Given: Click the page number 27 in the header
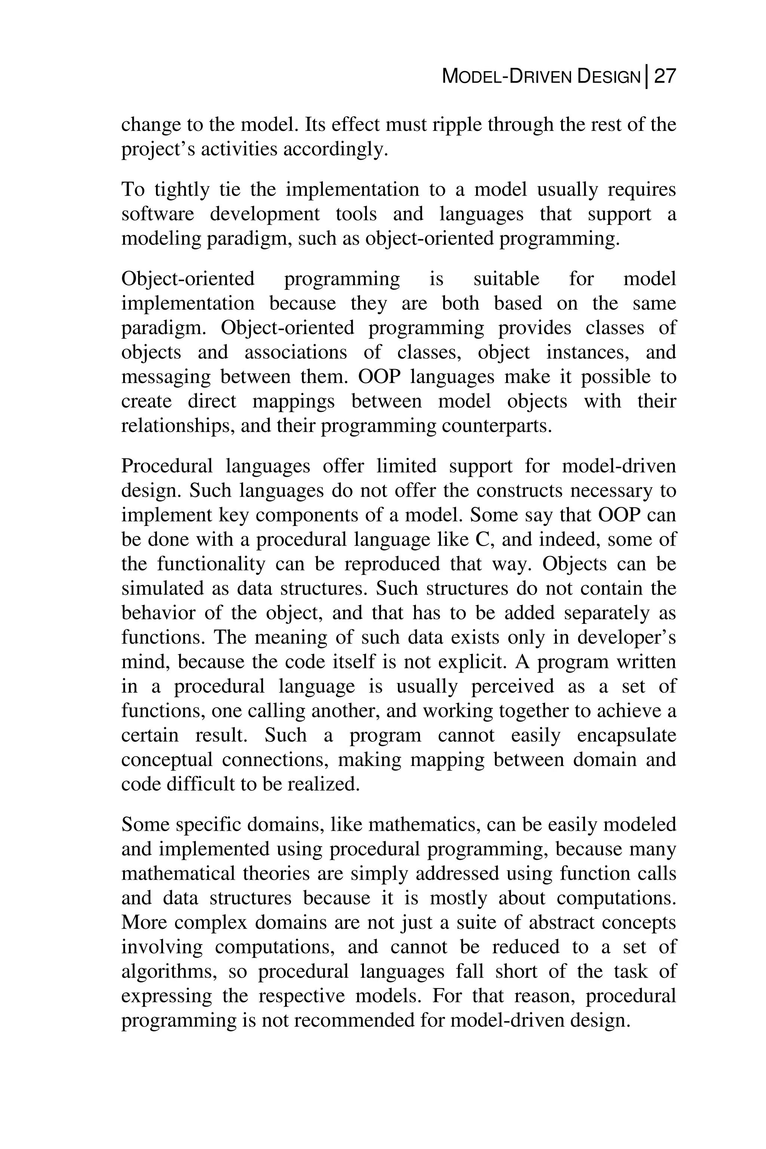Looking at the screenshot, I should point(664,77).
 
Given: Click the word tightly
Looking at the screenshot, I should point(182,190).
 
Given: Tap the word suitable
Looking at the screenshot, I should point(506,279).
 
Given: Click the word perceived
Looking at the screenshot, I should point(512,686).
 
